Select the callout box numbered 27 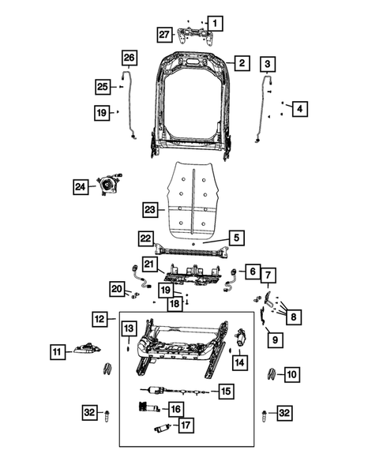(164, 34)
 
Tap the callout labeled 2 (241, 62)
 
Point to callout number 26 (129, 57)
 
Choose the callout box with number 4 (298, 109)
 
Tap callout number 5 (235, 237)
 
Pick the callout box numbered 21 (151, 264)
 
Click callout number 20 (117, 291)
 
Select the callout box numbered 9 (275, 340)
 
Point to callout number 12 (98, 319)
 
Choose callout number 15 (227, 391)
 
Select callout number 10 (291, 373)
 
